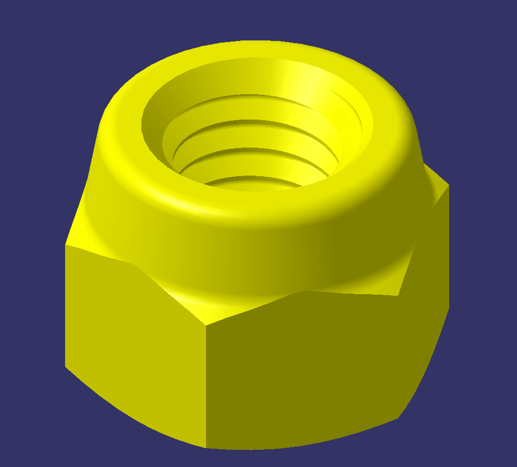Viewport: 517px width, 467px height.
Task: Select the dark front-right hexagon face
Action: pos(306,370)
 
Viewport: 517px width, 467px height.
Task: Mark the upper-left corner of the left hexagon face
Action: pos(65,245)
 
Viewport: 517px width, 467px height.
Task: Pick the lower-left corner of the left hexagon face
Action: pos(65,367)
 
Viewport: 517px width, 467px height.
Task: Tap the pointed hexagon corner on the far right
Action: pos(448,186)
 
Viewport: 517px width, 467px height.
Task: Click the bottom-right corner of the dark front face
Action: pos(398,418)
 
